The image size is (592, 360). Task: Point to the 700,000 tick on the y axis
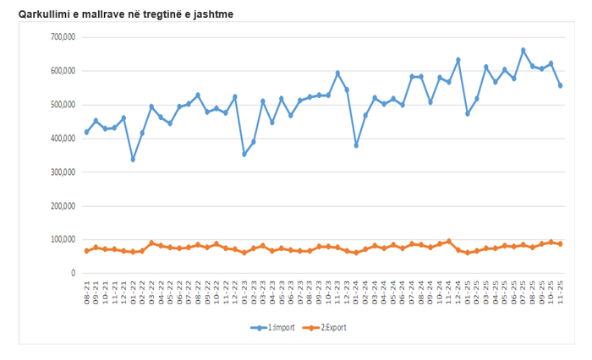tap(64, 37)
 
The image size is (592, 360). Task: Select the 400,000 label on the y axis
tap(64, 139)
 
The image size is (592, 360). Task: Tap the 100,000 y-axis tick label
tap(64, 240)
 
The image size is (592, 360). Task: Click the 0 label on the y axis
tap(73, 274)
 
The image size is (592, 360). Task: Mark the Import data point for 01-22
tap(133, 159)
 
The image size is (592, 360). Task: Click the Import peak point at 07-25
tap(523, 50)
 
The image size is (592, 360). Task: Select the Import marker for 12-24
tap(458, 60)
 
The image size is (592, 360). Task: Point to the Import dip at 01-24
tap(356, 145)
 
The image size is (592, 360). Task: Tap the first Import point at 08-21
tap(86, 133)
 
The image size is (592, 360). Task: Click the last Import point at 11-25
tap(560, 85)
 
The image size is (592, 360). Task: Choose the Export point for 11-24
tap(448, 241)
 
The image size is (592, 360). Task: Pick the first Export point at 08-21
tap(86, 251)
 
